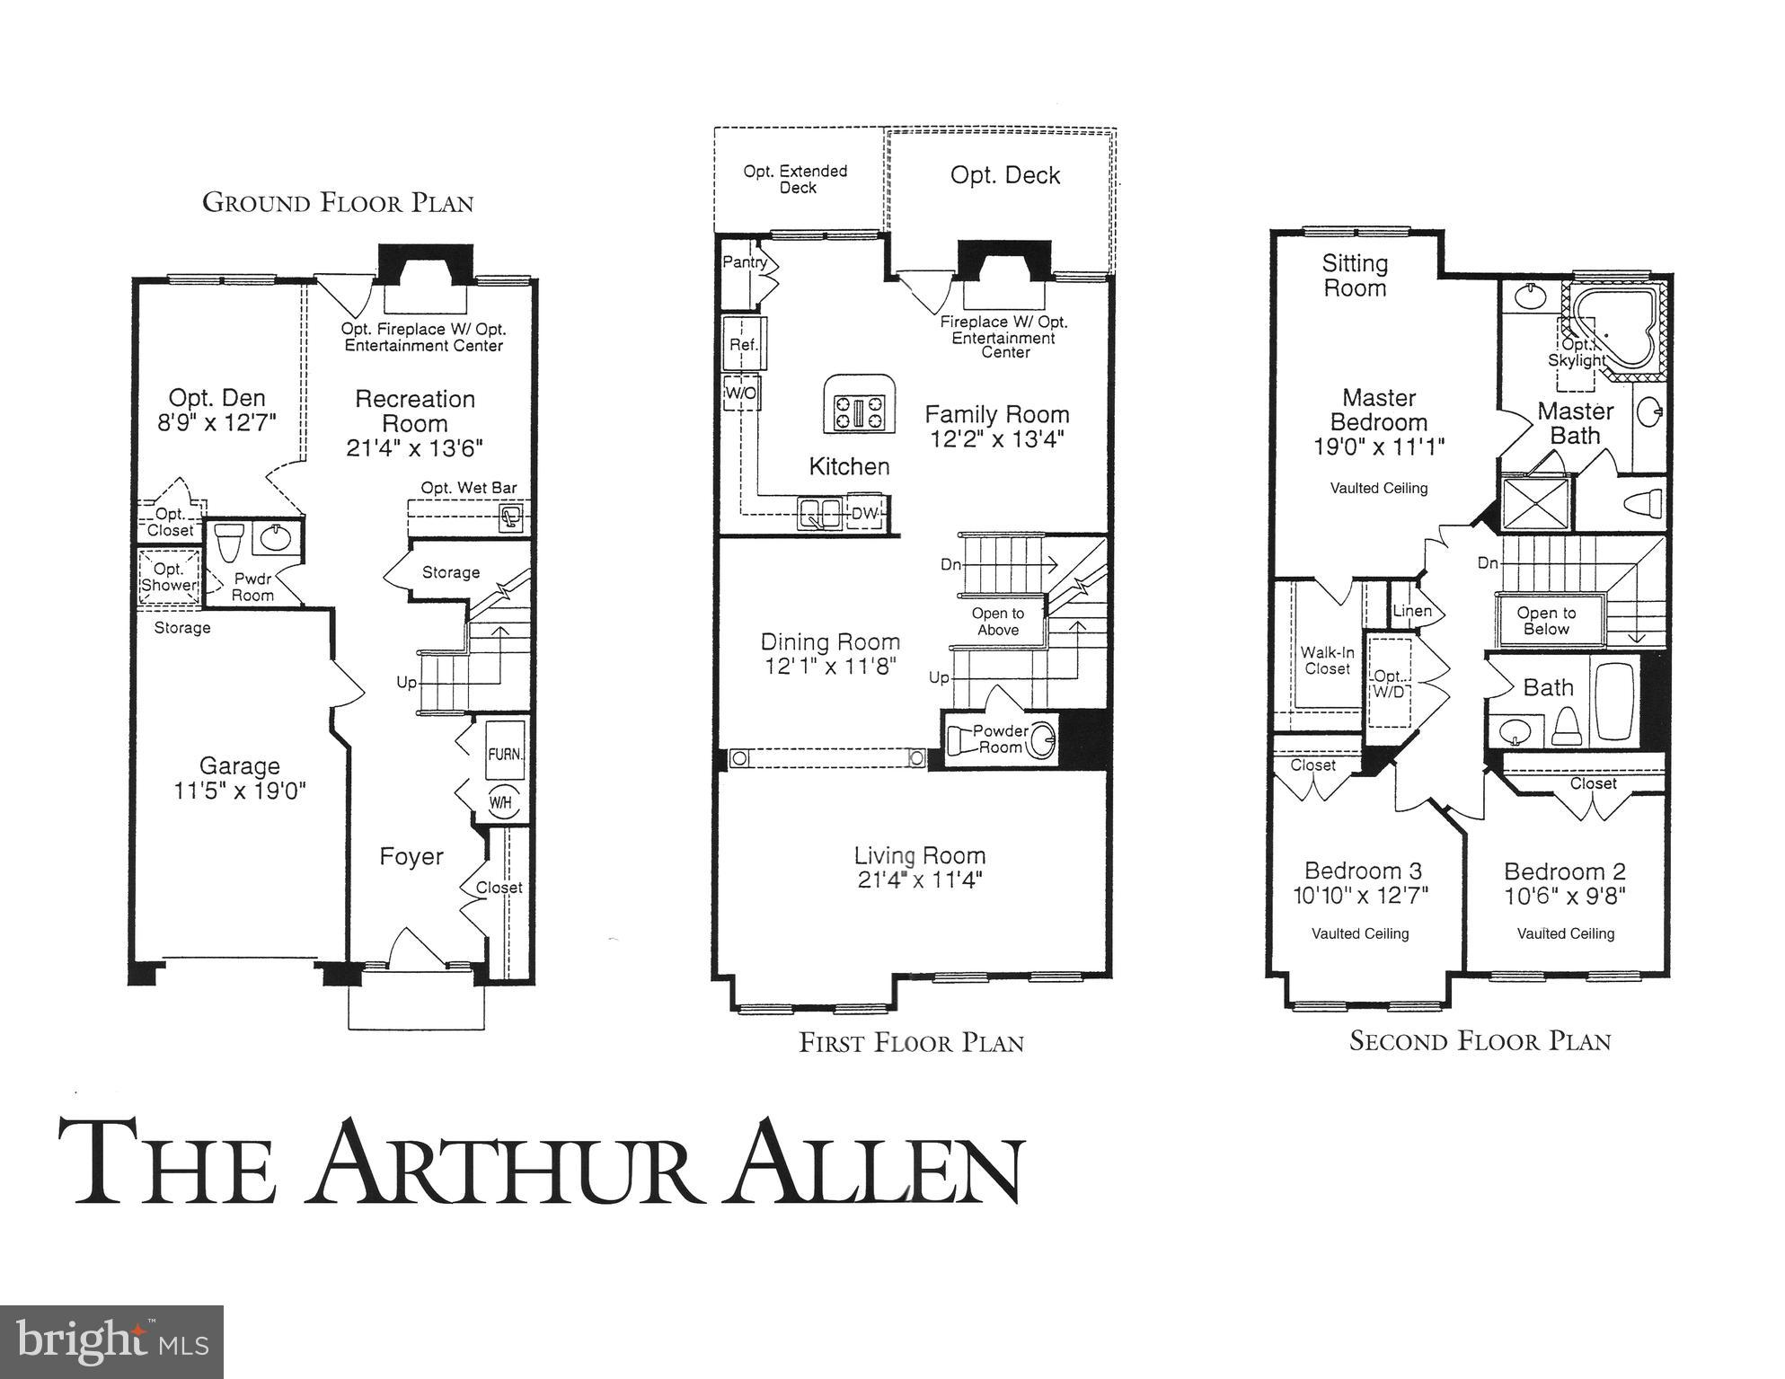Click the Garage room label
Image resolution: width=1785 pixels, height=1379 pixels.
click(239, 766)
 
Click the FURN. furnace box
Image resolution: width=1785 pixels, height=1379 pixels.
click(504, 754)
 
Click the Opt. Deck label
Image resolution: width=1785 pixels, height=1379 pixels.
click(1004, 175)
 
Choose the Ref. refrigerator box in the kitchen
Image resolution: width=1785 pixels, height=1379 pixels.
click(744, 344)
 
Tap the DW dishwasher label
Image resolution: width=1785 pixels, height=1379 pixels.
click(863, 514)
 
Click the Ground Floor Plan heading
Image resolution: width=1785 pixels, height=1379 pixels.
click(338, 203)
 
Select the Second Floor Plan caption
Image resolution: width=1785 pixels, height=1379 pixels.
click(1480, 1041)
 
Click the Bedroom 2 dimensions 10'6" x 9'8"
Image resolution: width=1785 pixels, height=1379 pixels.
click(1565, 896)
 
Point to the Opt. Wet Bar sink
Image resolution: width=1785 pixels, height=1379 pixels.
click(511, 517)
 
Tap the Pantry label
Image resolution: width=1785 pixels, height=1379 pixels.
click(745, 262)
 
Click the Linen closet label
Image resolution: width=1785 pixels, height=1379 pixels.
click(1411, 611)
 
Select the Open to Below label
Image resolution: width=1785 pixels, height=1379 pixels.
click(1546, 621)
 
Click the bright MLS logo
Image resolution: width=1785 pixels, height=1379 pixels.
click(111, 1341)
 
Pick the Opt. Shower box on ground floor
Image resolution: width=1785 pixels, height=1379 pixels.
click(168, 578)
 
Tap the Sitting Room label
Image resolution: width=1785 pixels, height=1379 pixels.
click(1354, 276)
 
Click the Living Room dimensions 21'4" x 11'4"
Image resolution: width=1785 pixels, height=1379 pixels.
click(919, 880)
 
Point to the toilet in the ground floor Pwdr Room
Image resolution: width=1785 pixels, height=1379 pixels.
click(228, 542)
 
